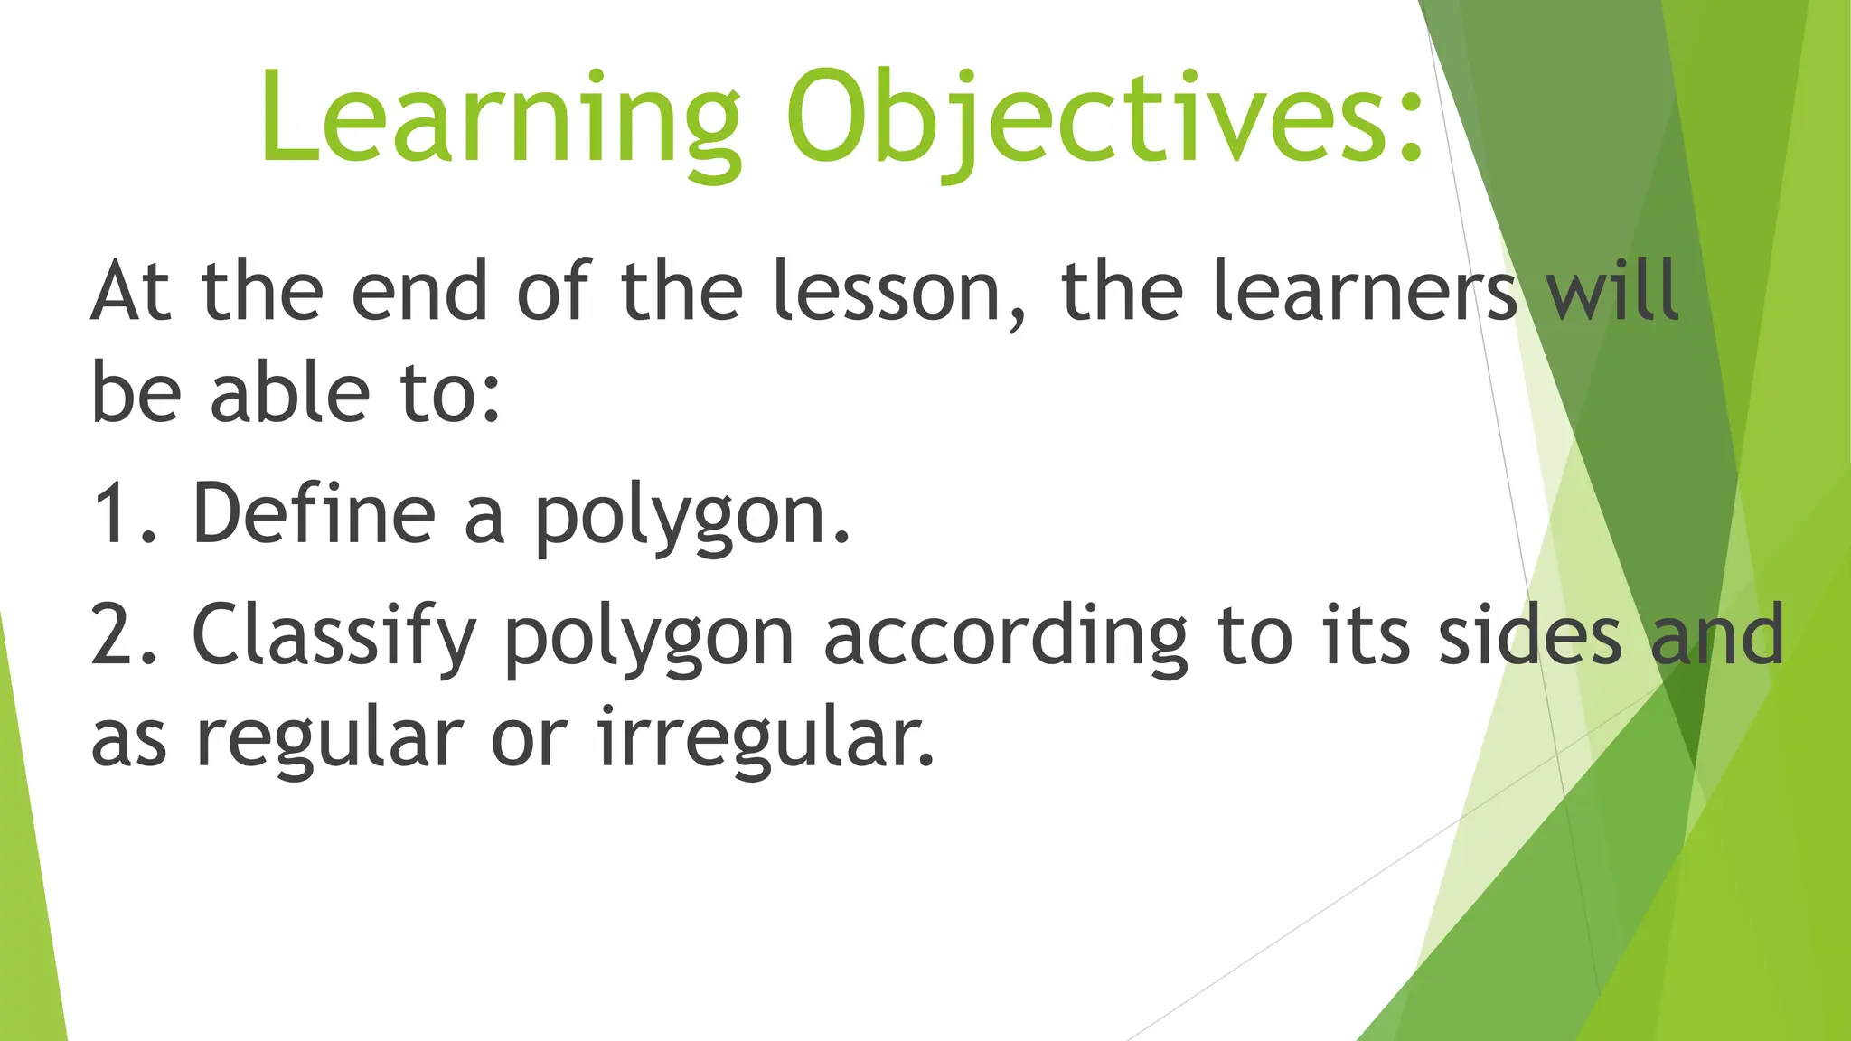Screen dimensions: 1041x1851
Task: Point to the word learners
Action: pyautogui.click(x=1365, y=291)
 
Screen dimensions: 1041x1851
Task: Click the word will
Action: pyautogui.click(x=1612, y=291)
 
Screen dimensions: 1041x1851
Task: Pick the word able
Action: pyautogui.click(x=289, y=393)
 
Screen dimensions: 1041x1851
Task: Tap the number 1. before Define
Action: pyautogui.click(x=123, y=513)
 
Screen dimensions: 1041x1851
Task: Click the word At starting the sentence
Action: pyautogui.click(x=131, y=291)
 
